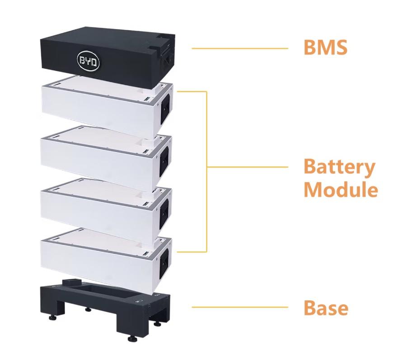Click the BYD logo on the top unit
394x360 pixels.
pyautogui.click(x=88, y=61)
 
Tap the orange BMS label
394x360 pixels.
pyautogui.click(x=325, y=47)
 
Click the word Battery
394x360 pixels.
pyautogui.click(x=339, y=167)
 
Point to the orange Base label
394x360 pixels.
pyautogui.click(x=326, y=308)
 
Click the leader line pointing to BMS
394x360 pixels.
pyautogui.click(x=240, y=48)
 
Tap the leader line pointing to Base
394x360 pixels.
pyautogui.click(x=240, y=307)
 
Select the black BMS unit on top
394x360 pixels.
pyautogui.click(x=108, y=57)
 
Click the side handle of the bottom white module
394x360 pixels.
pyautogui.click(x=164, y=262)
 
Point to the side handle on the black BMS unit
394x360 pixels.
pyautogui.click(x=168, y=60)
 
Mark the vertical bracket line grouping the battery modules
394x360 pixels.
pyautogui.click(x=206, y=171)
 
